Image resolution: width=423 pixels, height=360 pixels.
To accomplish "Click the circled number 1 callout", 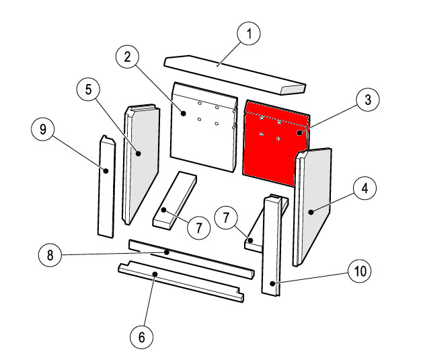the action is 249,34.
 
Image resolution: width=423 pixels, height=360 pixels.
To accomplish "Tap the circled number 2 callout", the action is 127,57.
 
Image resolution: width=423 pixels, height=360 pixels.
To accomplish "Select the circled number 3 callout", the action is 368,100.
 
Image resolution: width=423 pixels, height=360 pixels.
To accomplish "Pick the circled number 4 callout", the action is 364,188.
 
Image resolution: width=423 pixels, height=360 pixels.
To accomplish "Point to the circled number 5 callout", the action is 88,89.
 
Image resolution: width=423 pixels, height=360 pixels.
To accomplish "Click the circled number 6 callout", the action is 142,337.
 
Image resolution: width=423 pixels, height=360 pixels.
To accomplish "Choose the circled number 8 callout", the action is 50,255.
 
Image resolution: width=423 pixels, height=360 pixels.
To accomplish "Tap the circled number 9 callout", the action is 43,129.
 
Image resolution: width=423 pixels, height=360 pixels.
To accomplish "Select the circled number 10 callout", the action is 360,271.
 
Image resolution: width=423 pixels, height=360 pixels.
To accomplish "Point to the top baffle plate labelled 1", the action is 235,75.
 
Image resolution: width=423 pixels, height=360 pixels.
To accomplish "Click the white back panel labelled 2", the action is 204,127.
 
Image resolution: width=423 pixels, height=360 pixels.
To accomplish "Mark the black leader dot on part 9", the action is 106,171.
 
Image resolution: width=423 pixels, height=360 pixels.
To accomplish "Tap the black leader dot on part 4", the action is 311,212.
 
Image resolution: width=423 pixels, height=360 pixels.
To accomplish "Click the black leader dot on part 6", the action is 155,274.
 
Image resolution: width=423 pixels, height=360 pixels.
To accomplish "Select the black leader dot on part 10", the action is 273,283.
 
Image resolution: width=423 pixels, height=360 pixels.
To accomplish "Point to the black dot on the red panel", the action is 299,133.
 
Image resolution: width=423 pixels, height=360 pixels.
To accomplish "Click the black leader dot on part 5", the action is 139,153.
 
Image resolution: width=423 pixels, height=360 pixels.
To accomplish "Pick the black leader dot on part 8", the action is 167,252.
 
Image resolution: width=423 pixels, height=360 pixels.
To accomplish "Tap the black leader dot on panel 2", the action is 184,113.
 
